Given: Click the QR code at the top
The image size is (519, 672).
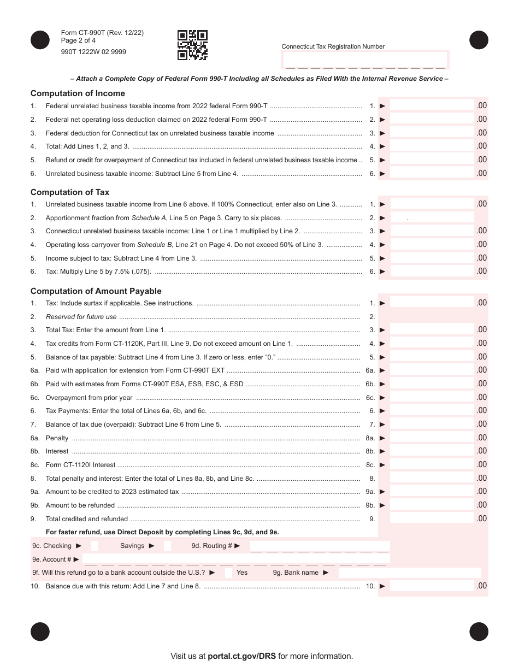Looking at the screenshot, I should point(192,45).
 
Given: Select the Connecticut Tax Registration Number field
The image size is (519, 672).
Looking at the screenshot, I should point(365,60).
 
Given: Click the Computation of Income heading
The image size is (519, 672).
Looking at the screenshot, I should point(78,93).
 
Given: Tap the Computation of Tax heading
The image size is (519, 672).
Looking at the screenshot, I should point(70,192).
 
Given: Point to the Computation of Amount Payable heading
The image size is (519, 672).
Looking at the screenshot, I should point(96,291).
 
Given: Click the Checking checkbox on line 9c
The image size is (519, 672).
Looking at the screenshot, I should point(95,546).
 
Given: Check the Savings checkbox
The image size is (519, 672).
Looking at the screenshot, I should point(167,546).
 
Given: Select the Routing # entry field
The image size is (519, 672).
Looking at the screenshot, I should point(320,546).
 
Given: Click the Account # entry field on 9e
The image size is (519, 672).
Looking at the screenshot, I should point(235,559).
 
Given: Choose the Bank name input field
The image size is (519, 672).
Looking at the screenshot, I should point(410,573).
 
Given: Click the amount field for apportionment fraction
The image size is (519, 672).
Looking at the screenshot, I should point(432,217).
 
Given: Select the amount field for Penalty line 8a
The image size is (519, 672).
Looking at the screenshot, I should point(432,438).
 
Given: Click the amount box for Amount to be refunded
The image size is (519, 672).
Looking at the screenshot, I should point(432,505).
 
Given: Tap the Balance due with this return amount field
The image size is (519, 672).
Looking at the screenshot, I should point(432,586).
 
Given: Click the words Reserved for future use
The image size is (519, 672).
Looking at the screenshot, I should point(81,317).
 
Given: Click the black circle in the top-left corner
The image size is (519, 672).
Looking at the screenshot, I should point(40,40).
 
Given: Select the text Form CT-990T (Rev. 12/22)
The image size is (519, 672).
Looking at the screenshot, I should point(103,33).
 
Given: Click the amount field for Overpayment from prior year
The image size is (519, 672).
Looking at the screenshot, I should point(432,398).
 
